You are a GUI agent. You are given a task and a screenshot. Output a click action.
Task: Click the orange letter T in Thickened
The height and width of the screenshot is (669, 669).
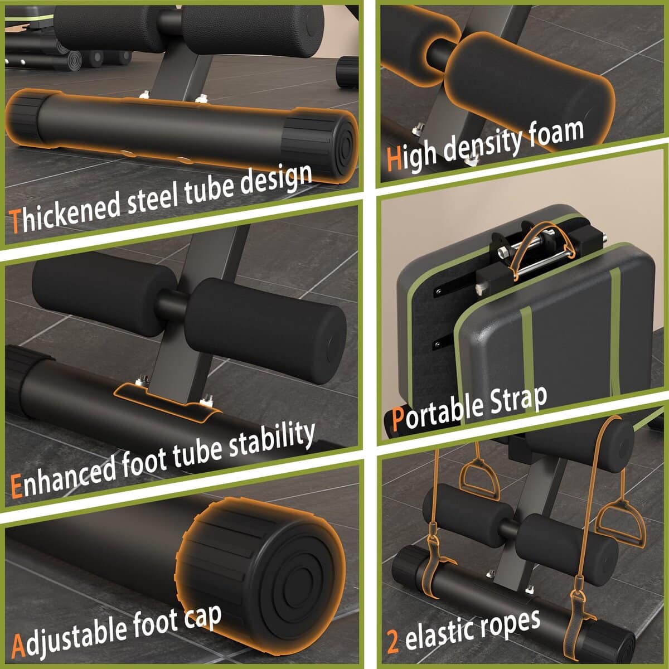pyautogui.click(x=15, y=221)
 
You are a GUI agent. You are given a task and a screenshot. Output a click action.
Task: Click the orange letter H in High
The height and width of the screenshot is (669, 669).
pyautogui.click(x=394, y=159)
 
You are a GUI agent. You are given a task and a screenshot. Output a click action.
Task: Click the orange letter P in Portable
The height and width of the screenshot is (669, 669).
pyautogui.click(x=398, y=419)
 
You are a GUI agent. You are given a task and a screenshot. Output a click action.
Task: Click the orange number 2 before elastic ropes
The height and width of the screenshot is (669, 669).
pyautogui.click(x=392, y=642)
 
